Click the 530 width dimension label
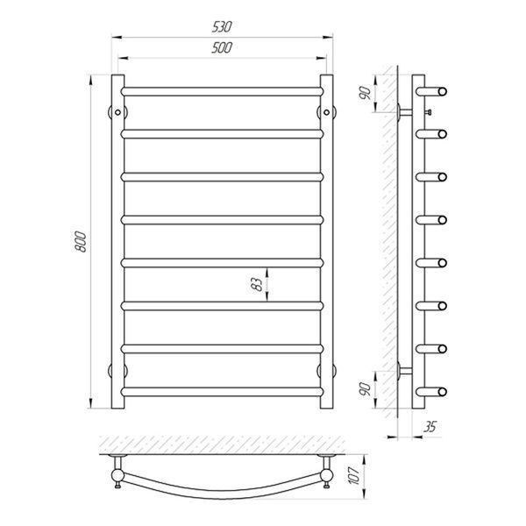tap(222, 27)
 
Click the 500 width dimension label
tap(222, 47)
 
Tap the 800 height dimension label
tap(81, 242)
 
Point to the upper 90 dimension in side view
tap(366, 93)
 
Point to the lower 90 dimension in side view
tap(366, 388)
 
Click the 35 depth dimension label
tap(430, 427)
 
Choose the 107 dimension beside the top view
tap(355, 475)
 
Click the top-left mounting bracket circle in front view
tap(117, 112)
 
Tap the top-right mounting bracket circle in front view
tap(326, 112)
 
